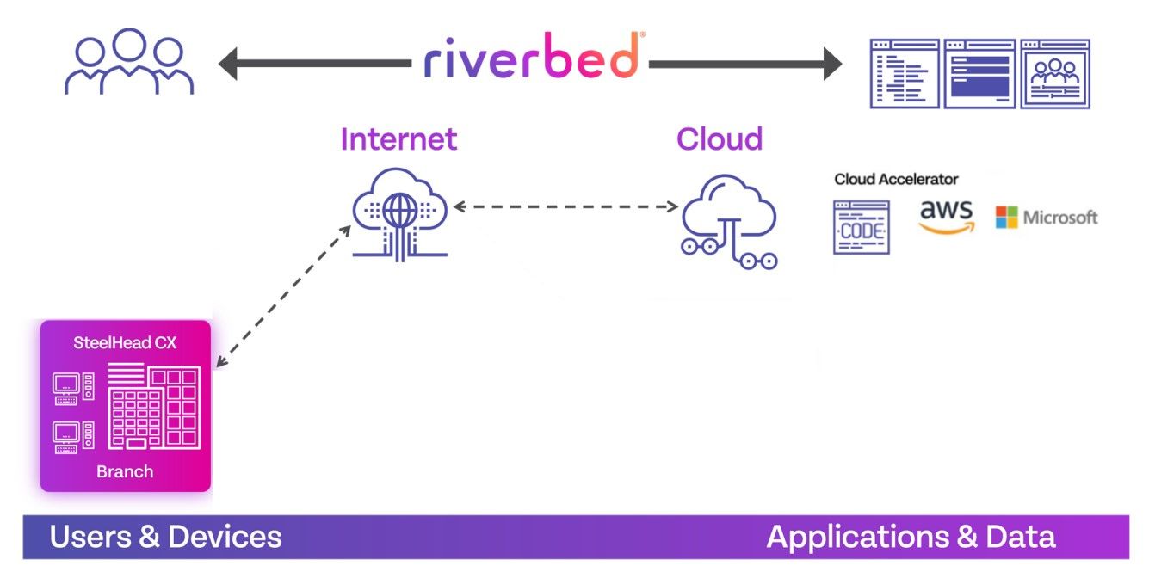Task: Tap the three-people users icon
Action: point(129,62)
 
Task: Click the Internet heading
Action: point(398,139)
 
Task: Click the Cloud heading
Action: point(720,139)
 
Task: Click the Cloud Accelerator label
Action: point(896,180)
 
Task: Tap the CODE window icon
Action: point(861,227)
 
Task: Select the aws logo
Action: point(945,217)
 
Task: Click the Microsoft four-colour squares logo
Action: point(1006,217)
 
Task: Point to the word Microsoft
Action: point(1060,218)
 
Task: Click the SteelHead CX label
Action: point(126,343)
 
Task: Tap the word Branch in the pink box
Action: point(125,471)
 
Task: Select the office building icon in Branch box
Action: point(153,407)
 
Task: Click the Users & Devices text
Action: point(165,537)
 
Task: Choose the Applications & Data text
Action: point(911,537)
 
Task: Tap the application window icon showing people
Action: point(1054,73)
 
